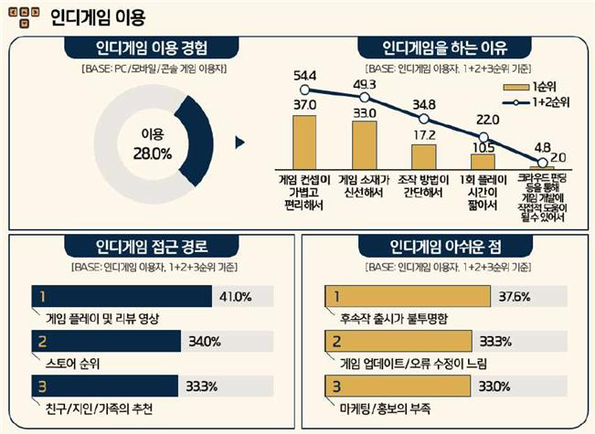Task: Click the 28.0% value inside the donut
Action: pos(152,153)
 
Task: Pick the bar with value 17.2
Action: pos(423,156)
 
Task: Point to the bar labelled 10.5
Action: pos(482,161)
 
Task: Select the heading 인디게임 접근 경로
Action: pos(152,247)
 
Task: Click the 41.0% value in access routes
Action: pos(236,296)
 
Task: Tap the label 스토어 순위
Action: pos(73,363)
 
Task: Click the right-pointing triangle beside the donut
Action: pos(240,142)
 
